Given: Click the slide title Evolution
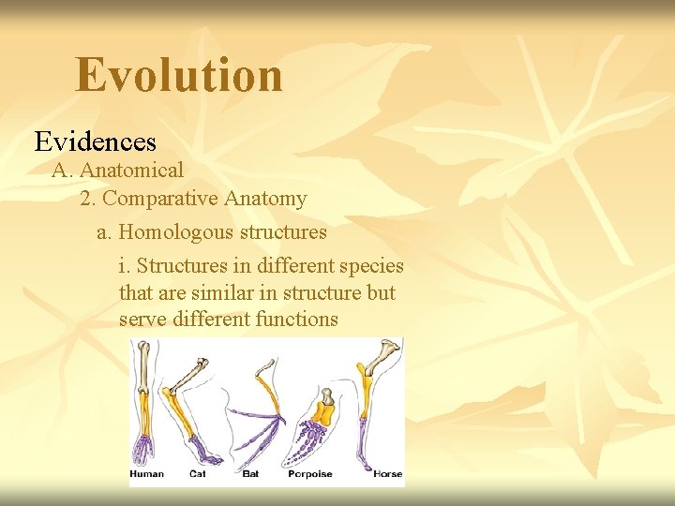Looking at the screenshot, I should [x=179, y=75].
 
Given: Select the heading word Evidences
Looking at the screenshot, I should [x=96, y=141].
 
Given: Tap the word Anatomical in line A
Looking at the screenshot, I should [x=131, y=171].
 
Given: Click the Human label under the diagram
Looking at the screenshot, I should [x=146, y=474].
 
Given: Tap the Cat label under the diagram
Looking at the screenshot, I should [x=197, y=474].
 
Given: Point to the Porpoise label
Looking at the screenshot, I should [x=310, y=474].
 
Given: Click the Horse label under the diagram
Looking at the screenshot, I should [x=387, y=474].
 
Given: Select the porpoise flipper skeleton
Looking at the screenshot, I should [x=317, y=426].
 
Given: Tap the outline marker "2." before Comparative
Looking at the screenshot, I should [x=88, y=199].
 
